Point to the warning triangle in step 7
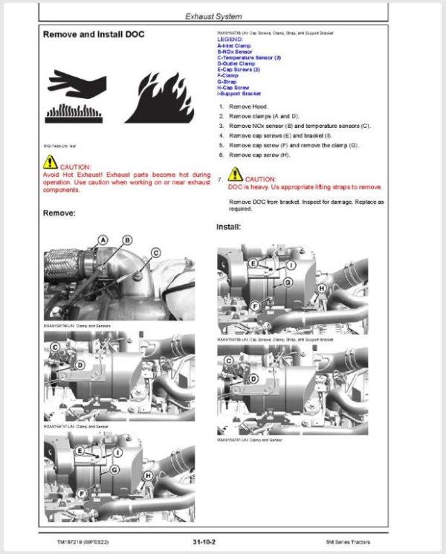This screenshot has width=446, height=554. click(235, 175)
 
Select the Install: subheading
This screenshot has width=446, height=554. click(229, 226)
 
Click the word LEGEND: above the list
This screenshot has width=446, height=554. click(230, 39)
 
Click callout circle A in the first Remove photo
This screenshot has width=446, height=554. click(103, 239)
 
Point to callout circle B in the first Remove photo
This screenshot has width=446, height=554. click(127, 239)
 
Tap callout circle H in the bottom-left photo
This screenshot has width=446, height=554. click(148, 475)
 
